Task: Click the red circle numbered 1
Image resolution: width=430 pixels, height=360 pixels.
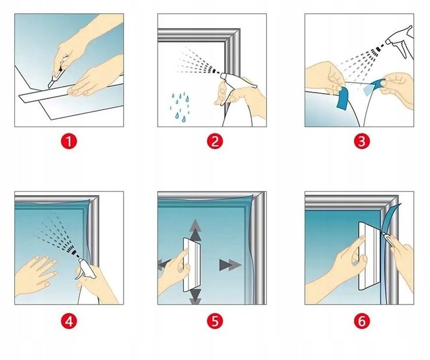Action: tap(69, 141)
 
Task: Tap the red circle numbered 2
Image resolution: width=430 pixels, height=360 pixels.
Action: tap(215, 141)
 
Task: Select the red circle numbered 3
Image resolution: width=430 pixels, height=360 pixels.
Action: tap(362, 141)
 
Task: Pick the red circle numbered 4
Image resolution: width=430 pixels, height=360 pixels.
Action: tap(69, 321)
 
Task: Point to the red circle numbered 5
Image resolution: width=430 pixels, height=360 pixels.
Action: tap(215, 321)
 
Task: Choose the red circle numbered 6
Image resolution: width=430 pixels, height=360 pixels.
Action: tap(362, 321)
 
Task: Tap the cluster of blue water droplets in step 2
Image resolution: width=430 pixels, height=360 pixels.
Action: tap(180, 107)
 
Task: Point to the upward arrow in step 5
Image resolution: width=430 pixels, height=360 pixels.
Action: tap(195, 229)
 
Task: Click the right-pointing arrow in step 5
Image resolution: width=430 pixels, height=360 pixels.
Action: tap(231, 265)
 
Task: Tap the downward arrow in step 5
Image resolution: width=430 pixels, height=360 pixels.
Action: tap(195, 297)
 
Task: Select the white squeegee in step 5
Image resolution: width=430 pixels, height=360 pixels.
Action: tap(192, 264)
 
